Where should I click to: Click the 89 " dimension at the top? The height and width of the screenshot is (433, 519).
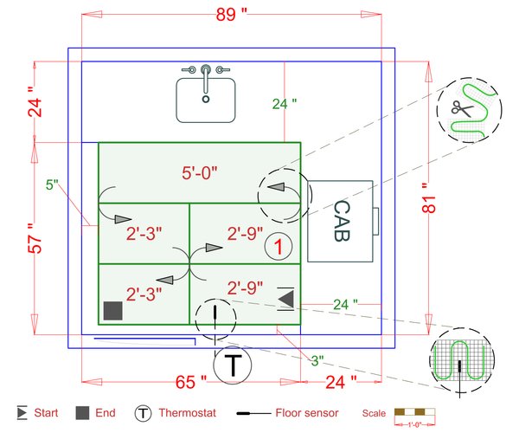233,14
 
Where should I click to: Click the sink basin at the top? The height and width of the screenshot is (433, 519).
206,100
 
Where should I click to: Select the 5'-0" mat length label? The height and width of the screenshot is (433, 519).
199,172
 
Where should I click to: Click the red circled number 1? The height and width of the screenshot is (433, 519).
277,247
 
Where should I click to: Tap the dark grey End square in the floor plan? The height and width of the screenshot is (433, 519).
112,310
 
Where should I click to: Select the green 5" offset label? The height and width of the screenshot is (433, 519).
52,184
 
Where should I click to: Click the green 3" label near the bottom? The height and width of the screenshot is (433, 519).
317,359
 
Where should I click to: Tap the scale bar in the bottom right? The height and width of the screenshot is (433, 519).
414,412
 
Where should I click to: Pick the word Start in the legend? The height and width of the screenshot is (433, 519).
47,413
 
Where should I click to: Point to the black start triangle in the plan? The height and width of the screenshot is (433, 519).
286,299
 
